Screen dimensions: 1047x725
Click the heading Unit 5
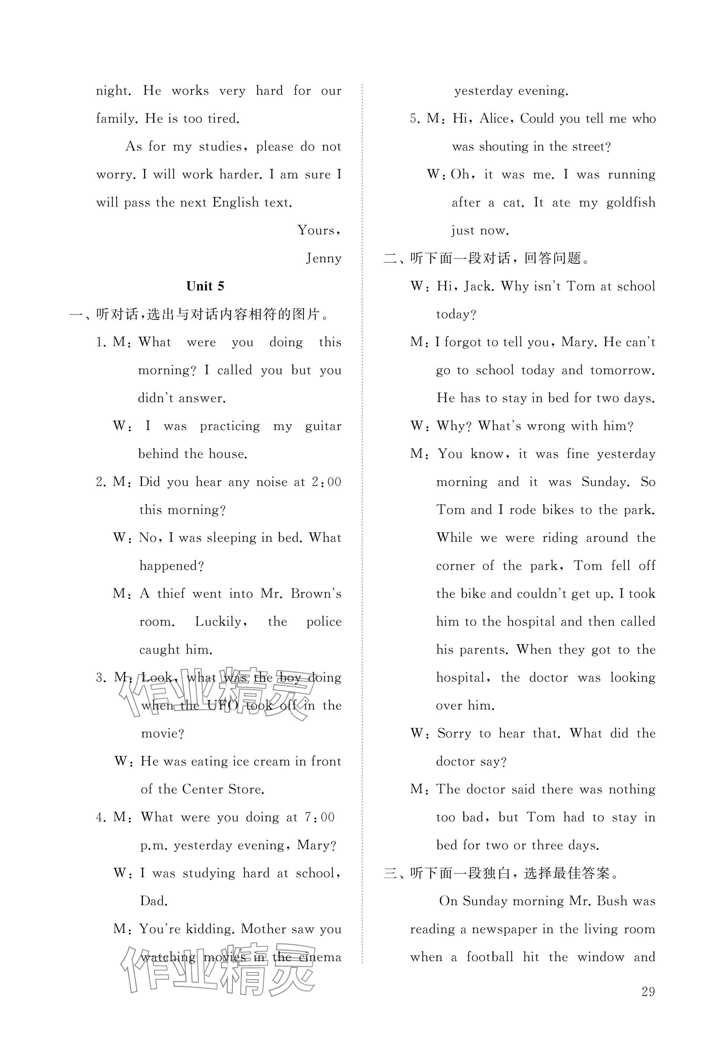(205, 286)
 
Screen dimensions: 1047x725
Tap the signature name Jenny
(324, 258)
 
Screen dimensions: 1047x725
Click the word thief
(171, 594)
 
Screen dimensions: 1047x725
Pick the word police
(324, 621)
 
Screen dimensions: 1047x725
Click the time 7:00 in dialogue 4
(320, 817)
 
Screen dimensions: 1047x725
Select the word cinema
(320, 957)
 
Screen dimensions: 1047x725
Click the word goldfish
(631, 202)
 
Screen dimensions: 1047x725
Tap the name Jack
(479, 286)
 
